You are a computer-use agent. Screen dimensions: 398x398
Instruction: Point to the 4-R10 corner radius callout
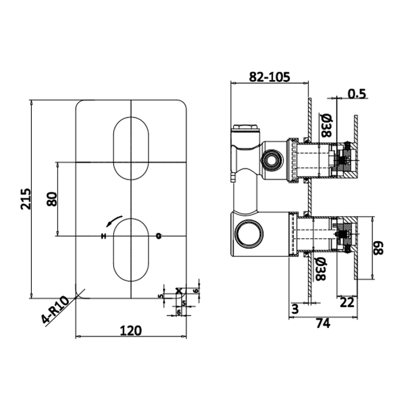(56, 309)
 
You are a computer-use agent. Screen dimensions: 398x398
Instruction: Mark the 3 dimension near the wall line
(295, 309)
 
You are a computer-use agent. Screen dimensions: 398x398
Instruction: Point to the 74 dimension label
(323, 324)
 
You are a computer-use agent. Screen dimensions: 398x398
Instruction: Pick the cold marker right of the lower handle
(159, 235)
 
